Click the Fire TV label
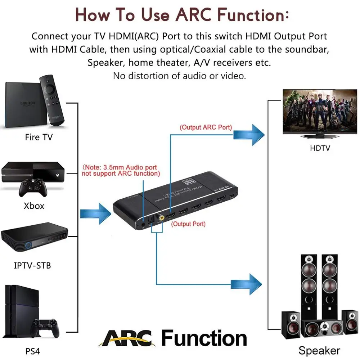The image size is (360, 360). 39,137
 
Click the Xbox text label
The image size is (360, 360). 34,206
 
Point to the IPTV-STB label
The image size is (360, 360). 32,266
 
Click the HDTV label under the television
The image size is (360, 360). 320,148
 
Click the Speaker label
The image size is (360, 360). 319,350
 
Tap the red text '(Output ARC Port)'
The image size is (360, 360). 206,127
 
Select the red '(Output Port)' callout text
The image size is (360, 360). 188,224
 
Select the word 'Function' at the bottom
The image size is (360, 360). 204,339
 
